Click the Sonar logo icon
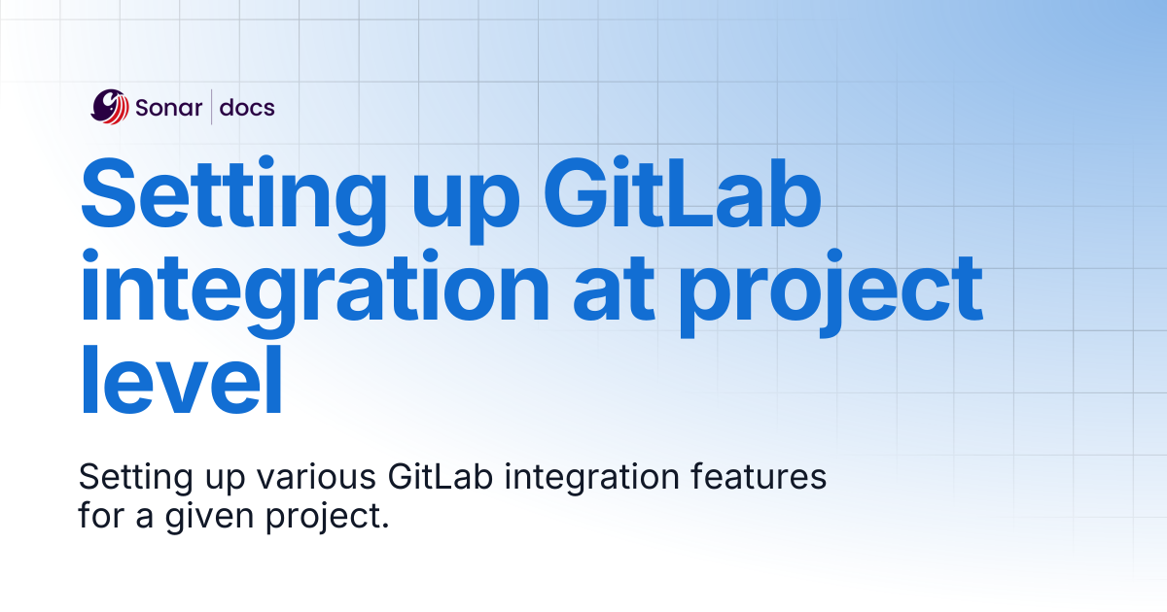click(x=110, y=107)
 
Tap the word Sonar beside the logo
click(x=169, y=108)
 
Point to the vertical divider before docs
click(x=212, y=107)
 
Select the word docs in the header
click(x=247, y=107)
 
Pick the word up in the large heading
click(x=466, y=207)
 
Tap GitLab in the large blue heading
click(x=683, y=192)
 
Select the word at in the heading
click(x=614, y=289)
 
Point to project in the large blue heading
click(x=831, y=293)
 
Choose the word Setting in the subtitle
click(x=136, y=480)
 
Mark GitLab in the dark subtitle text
click(x=441, y=476)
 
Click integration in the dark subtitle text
click(x=592, y=479)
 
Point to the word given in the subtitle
click(x=210, y=519)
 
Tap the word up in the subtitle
click(x=225, y=481)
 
